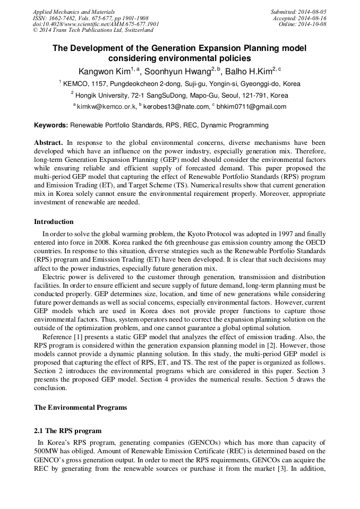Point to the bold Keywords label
[51, 125]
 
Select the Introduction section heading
[54, 222]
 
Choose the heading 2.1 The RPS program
[67, 430]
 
